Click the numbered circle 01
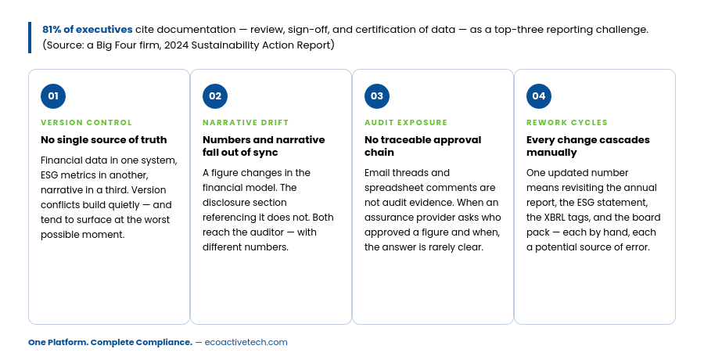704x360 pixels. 53,96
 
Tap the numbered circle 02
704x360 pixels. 215,96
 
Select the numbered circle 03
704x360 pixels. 377,96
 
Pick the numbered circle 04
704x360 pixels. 539,96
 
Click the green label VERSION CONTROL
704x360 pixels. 86,123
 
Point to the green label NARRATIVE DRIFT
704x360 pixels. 246,123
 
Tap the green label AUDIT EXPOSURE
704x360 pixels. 406,123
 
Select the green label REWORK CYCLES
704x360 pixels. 566,123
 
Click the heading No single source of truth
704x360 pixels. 104,140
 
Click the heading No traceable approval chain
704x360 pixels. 423,146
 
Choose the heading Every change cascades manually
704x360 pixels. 587,146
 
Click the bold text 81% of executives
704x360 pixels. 88,30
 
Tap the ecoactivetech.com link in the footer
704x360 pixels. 246,343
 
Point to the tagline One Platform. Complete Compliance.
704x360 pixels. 110,343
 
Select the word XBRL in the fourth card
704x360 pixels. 557,218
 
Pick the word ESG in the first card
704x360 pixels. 49,175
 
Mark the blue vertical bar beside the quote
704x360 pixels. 30,38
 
